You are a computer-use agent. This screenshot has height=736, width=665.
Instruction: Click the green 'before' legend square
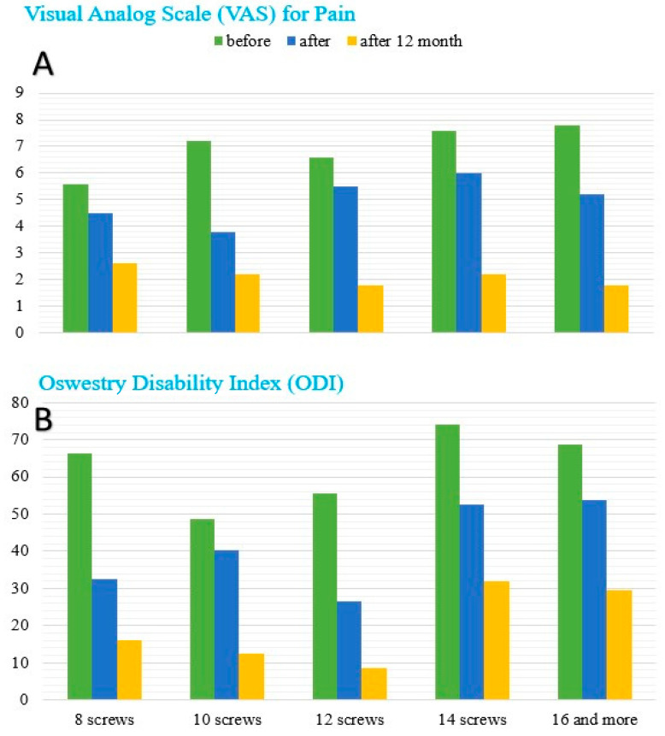[x=218, y=41]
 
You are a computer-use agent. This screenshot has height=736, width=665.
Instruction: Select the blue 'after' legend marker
[x=291, y=41]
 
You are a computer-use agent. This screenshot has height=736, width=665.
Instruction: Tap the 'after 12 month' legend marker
[x=352, y=41]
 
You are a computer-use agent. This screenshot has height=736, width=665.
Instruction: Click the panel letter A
[x=44, y=64]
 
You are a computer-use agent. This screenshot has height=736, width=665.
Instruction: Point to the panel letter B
[x=44, y=419]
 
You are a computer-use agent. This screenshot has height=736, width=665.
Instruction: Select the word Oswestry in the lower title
[x=82, y=384]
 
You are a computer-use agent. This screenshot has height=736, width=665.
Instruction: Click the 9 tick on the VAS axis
[x=20, y=92]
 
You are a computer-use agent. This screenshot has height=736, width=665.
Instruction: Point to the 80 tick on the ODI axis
[x=21, y=403]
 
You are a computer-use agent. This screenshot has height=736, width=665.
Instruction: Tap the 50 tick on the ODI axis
[x=21, y=514]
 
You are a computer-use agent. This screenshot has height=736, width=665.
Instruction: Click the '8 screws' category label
[x=104, y=720]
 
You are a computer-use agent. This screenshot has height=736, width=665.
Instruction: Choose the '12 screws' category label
[x=350, y=720]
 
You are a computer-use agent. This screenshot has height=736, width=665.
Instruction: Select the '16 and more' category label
[x=595, y=720]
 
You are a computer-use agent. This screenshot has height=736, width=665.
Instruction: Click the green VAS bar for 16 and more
[x=567, y=229]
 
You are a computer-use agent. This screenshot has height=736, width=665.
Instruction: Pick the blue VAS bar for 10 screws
[x=223, y=282]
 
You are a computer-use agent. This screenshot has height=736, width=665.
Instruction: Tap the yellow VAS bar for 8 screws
[x=125, y=297]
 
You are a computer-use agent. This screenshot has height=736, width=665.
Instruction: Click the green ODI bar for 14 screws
[x=447, y=562]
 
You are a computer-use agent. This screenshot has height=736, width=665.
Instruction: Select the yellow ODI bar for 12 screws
[x=374, y=684]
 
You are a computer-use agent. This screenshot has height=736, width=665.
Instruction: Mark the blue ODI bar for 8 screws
[x=104, y=639]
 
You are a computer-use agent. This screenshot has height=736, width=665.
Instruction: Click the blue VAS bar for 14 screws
[x=468, y=253]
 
